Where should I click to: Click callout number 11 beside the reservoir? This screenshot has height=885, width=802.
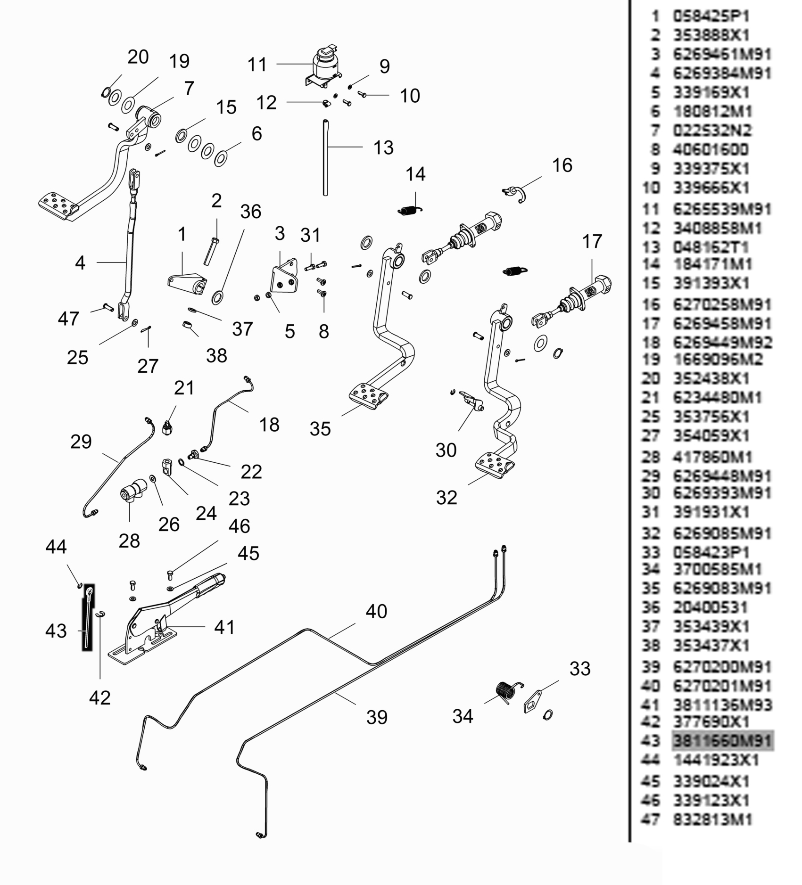[257, 65]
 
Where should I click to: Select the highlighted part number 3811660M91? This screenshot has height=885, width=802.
[722, 741]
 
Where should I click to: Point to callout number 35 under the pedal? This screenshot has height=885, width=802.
[320, 429]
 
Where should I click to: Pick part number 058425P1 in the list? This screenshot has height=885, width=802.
[711, 16]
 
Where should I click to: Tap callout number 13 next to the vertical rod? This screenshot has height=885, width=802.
[383, 147]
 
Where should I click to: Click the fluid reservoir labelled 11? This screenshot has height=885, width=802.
[324, 66]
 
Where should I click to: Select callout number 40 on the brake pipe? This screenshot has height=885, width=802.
[376, 611]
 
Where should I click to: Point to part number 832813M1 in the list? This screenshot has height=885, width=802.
[712, 819]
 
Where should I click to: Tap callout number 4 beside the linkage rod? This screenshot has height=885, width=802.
[80, 263]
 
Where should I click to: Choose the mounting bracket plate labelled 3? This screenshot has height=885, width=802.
[284, 278]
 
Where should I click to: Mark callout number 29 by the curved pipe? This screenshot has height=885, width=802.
[81, 442]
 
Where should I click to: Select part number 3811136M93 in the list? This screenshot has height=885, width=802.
[722, 705]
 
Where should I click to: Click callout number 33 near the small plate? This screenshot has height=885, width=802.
[579, 668]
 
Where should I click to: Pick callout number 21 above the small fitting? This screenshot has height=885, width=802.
[184, 388]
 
